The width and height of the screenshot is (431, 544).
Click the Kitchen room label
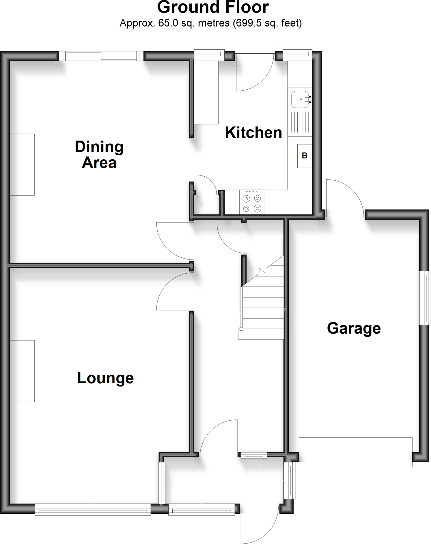(x=253, y=133)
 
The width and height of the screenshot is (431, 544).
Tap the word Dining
(x=99, y=147)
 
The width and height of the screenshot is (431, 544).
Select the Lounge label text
(x=105, y=378)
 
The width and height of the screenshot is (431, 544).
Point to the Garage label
(x=354, y=328)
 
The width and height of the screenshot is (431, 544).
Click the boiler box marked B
(x=305, y=156)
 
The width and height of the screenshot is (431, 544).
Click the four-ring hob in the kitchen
(x=252, y=202)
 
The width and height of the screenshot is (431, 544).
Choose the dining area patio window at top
(x=101, y=56)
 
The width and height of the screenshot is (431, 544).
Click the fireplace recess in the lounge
(x=22, y=371)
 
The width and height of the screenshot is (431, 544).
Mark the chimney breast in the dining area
(x=22, y=164)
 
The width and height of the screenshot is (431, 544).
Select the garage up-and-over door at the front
(x=356, y=452)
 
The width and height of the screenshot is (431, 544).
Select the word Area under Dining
(x=99, y=163)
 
